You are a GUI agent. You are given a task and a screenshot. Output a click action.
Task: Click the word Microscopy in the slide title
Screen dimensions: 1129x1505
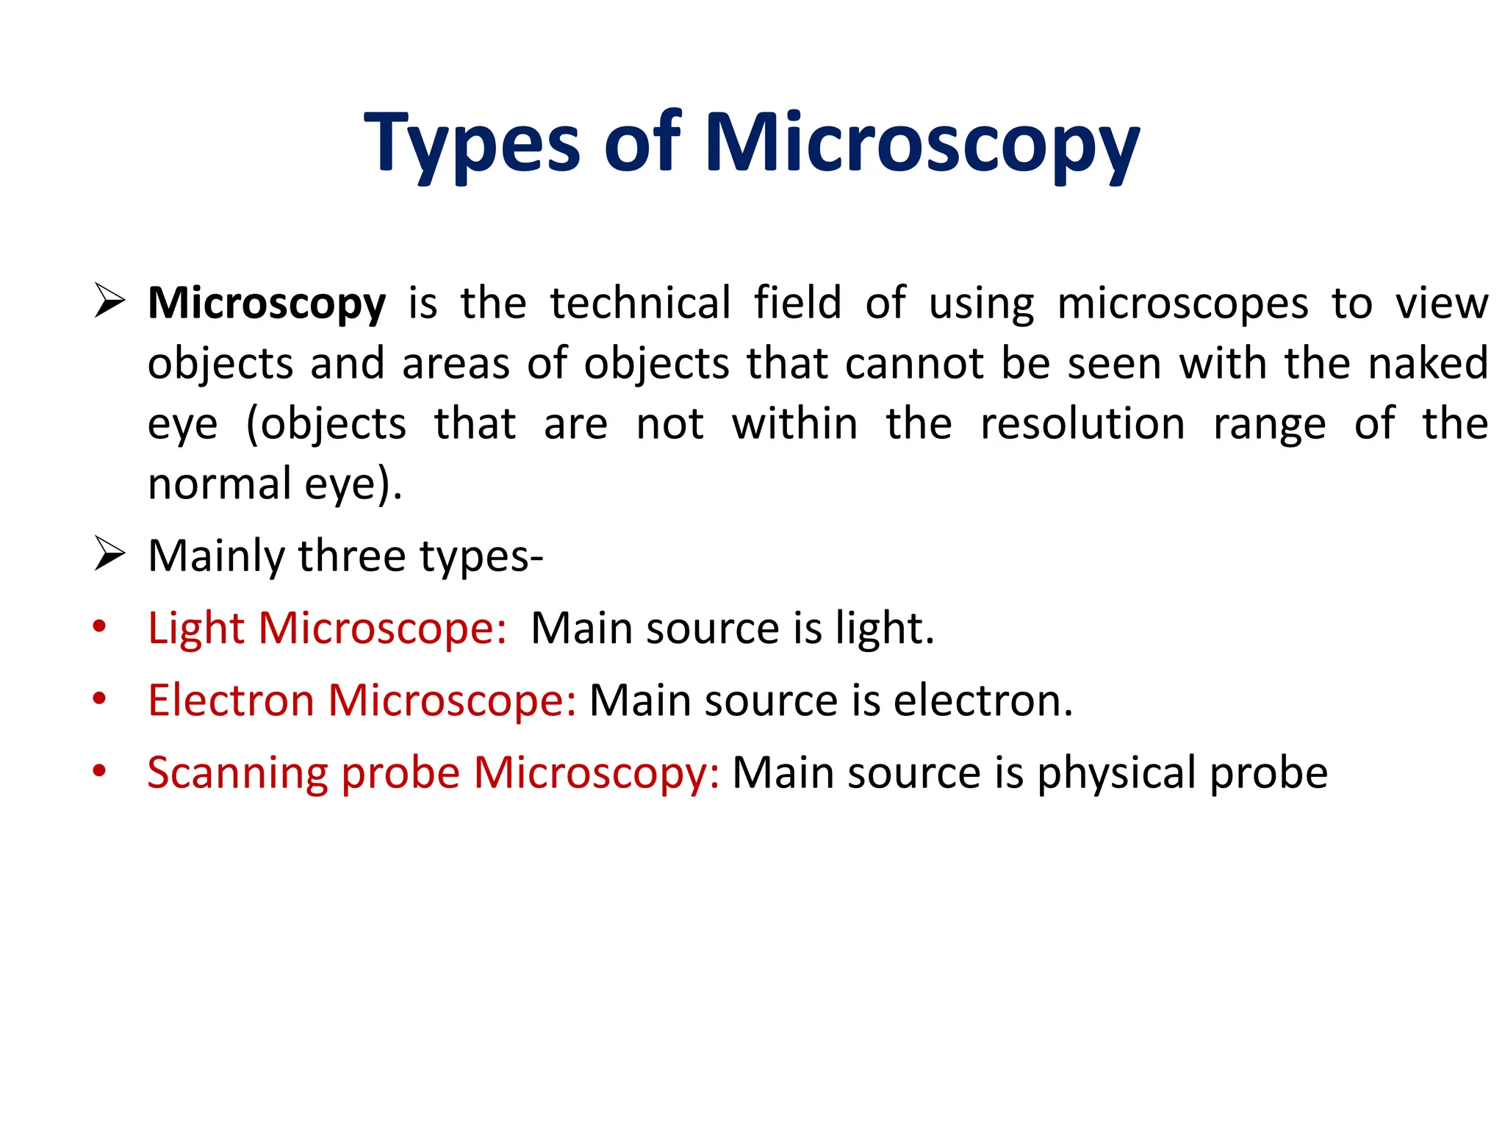[922, 143]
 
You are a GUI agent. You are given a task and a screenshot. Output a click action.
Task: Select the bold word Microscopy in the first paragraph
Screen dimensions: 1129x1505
[267, 304]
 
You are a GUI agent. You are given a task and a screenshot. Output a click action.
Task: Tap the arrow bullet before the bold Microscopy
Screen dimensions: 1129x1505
[109, 302]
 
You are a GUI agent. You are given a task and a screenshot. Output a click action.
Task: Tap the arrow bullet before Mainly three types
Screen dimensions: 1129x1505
[109, 554]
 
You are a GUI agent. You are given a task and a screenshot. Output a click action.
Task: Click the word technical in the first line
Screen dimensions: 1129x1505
[640, 302]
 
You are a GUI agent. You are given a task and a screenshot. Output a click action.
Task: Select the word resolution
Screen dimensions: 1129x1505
[1082, 423]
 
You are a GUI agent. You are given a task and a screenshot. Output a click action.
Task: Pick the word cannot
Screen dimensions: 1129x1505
[914, 363]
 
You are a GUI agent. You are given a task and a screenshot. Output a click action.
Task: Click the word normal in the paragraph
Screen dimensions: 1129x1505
[220, 484]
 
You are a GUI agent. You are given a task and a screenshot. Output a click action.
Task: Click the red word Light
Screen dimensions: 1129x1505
[195, 629]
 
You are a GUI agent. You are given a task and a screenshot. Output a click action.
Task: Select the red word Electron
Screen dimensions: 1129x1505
[231, 700]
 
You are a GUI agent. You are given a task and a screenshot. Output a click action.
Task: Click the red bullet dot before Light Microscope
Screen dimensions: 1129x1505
[100, 627]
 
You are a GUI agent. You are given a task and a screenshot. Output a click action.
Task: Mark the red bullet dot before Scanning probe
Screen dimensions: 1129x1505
[100, 771]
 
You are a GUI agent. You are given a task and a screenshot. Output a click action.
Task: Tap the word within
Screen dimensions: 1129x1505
[794, 423]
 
